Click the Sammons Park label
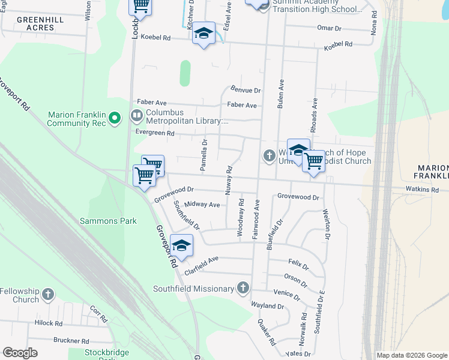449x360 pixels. [x=109, y=221]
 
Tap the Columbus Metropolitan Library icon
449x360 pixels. [x=137, y=115]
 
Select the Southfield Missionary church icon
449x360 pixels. [x=243, y=289]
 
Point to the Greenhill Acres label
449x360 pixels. [x=40, y=23]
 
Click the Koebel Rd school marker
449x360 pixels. [x=203, y=34]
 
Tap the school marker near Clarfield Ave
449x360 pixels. [x=181, y=245]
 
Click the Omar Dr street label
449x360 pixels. [x=329, y=28]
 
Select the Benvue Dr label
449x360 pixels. [x=246, y=91]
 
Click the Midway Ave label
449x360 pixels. [x=202, y=205]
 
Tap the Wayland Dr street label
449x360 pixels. [x=267, y=306]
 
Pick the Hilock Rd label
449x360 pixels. [x=49, y=323]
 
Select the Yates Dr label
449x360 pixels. [x=297, y=354]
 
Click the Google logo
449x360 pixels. [x=20, y=353]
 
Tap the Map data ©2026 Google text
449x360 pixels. [x=412, y=355]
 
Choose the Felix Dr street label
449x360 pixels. [x=298, y=264]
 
